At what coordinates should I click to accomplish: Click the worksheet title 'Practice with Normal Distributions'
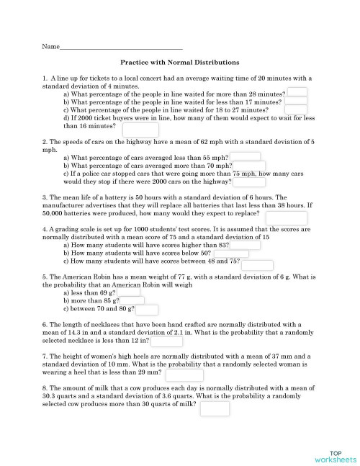pos(179,63)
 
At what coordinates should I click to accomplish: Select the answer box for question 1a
pos(297,92)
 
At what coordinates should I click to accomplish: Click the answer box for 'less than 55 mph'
pos(245,156)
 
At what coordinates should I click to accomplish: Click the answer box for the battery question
pos(287,218)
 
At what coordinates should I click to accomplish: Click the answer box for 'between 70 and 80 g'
pos(147,310)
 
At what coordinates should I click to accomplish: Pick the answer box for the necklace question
pos(167,343)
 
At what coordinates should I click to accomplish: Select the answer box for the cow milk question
pos(215,408)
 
